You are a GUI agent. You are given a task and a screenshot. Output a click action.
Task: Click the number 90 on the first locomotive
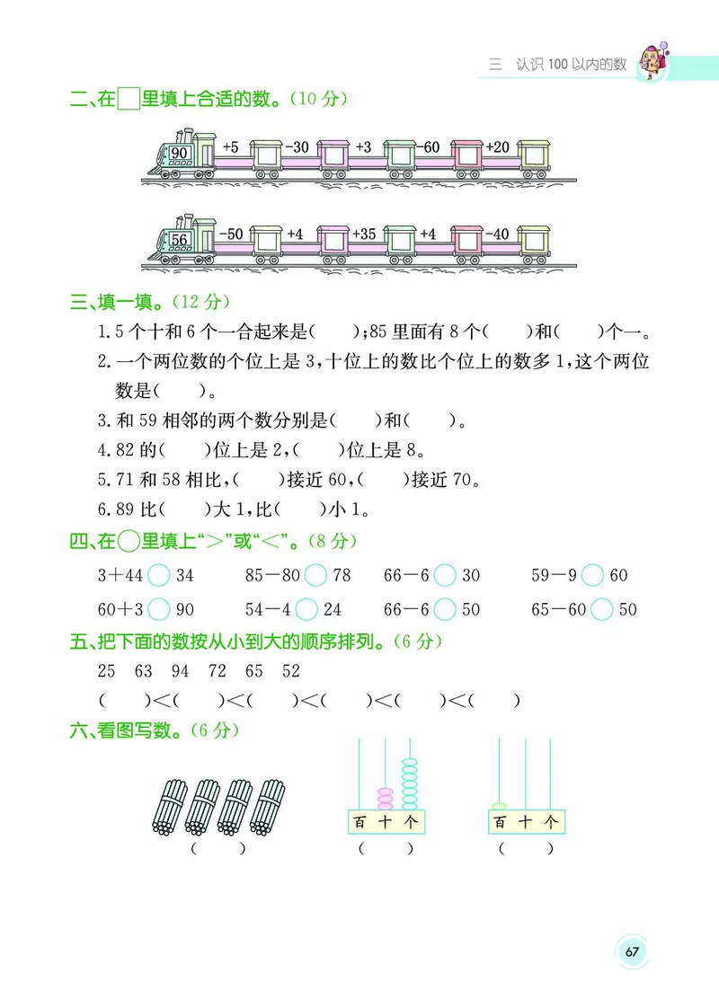click(179, 154)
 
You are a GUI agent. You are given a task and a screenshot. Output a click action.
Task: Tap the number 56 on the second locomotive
click(179, 240)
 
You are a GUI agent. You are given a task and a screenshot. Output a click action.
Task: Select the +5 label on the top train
click(230, 147)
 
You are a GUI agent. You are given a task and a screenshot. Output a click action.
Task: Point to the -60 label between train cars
click(431, 147)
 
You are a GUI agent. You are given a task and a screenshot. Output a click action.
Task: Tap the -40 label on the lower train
click(496, 235)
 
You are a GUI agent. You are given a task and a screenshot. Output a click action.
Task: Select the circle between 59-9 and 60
click(591, 575)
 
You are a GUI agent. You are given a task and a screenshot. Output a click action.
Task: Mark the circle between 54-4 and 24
click(306, 610)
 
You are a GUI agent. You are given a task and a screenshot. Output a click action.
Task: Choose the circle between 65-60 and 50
click(602, 610)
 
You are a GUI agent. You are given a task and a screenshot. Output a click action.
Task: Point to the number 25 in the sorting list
click(107, 671)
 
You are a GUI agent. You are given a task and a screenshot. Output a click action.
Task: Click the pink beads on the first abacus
click(386, 798)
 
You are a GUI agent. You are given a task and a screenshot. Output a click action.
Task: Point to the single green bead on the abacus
click(499, 805)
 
